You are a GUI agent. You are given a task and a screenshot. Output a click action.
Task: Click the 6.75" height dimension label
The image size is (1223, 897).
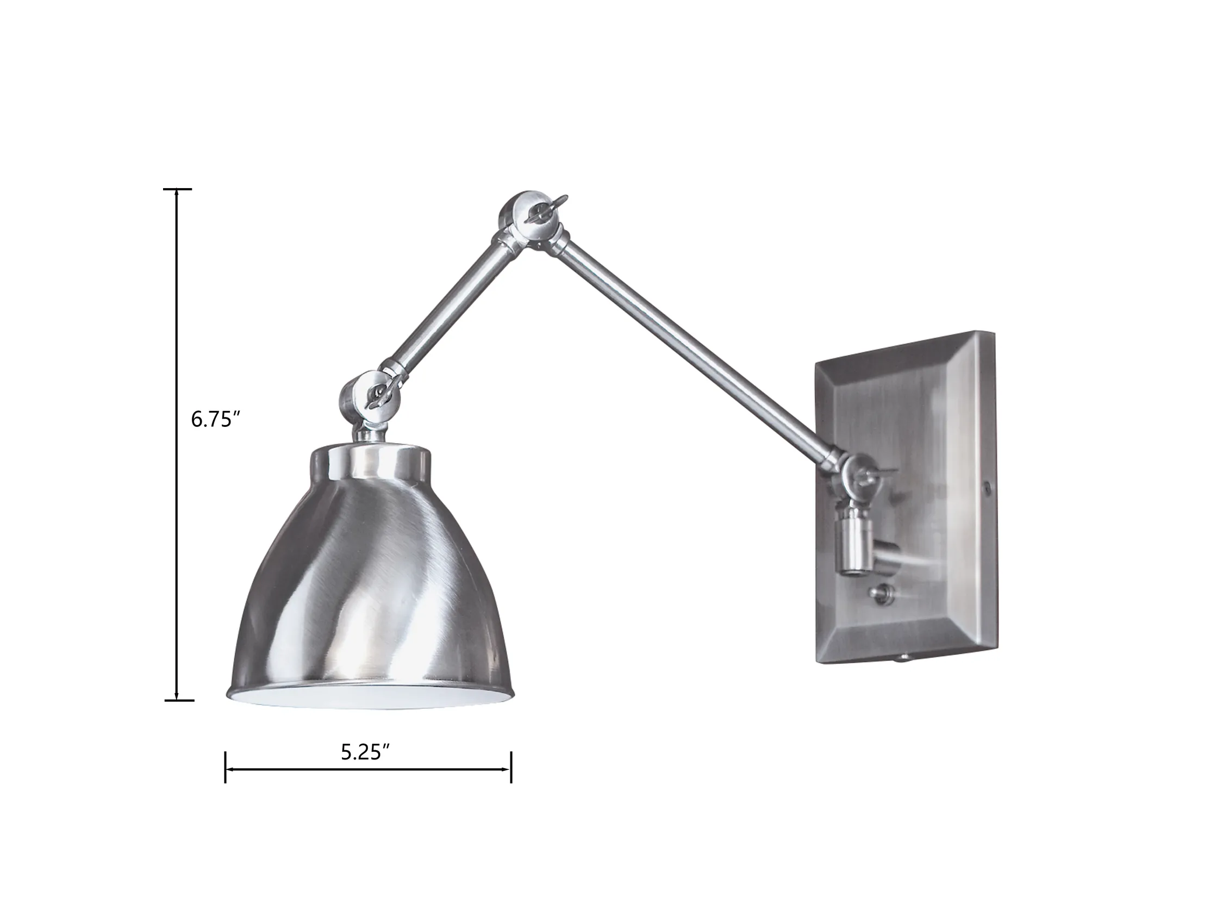[216, 420]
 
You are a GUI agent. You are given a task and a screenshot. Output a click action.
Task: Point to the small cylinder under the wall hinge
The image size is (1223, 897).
[855, 543]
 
